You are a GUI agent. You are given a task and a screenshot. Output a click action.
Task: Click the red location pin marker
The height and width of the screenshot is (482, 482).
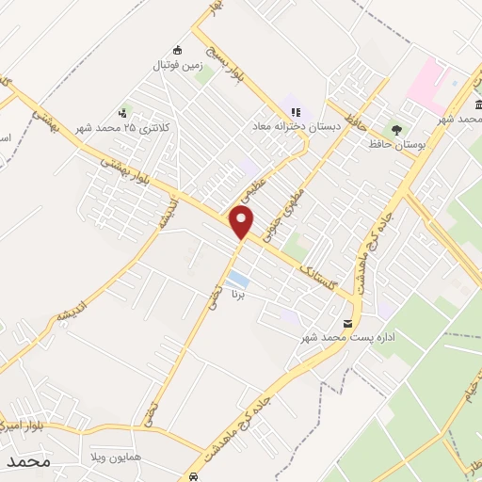243,222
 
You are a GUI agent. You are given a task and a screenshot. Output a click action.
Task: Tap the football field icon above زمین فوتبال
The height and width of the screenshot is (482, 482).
176,50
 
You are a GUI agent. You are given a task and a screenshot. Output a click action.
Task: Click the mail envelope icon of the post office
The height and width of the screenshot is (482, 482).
349,324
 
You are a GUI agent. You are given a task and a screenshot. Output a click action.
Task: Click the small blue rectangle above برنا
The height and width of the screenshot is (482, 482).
239,280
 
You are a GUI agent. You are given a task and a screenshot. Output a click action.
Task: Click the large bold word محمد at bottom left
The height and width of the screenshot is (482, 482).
25,462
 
